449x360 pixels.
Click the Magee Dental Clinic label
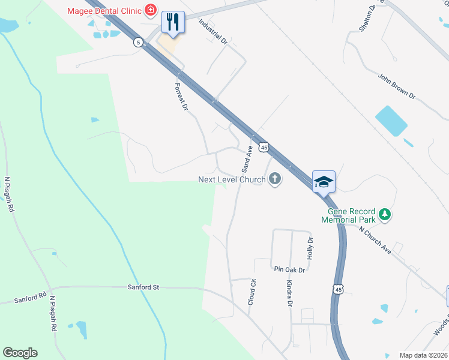[x=104, y=10]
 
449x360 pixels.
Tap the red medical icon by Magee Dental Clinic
[x=150, y=10]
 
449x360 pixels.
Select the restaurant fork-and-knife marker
[x=173, y=23]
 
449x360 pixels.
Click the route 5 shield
[x=139, y=42]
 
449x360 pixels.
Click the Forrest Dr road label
[x=181, y=96]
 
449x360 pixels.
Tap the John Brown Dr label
[x=396, y=85]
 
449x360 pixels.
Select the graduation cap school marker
[x=324, y=182]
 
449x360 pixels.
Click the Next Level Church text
[x=232, y=179]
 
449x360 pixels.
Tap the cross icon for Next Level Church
[x=275, y=179]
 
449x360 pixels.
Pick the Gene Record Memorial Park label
[x=352, y=215]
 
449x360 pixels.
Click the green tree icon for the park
[x=385, y=214]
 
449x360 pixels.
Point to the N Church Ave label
[x=375, y=239]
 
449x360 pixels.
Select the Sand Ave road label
[x=246, y=160]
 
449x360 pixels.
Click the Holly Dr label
[x=310, y=248]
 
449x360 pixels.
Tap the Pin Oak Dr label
[x=289, y=270]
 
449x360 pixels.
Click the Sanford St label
[x=143, y=287]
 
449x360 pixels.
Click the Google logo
[x=20, y=352]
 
